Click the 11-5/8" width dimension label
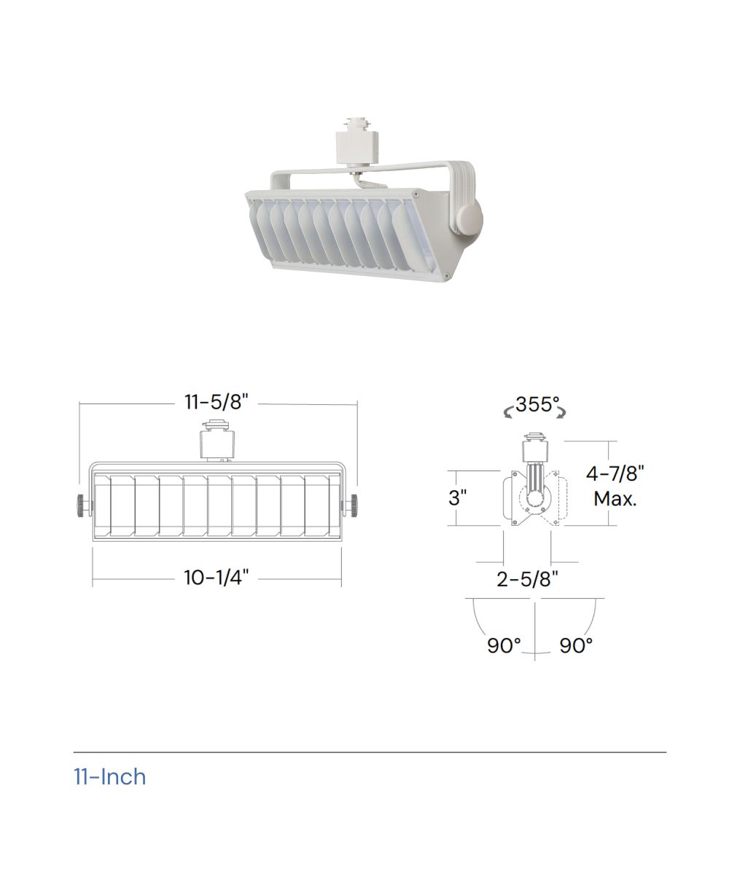(x=217, y=402)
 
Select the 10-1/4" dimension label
(x=217, y=578)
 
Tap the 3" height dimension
(x=458, y=497)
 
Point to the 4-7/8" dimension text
(x=615, y=474)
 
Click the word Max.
(x=615, y=498)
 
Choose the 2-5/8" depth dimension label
(x=527, y=579)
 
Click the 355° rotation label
(x=537, y=404)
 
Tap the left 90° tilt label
(x=504, y=645)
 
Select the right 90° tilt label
(x=576, y=645)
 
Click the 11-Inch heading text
(x=110, y=777)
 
